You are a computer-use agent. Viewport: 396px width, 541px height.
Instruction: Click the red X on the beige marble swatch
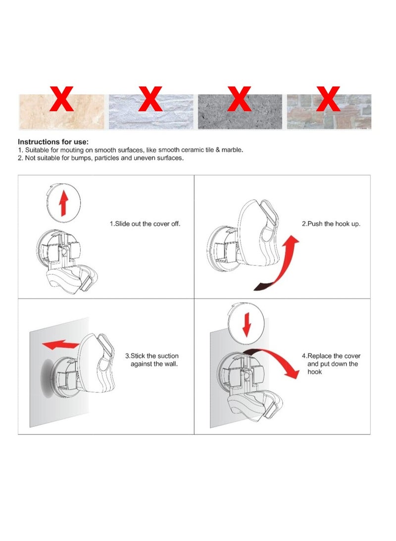pos(62,99)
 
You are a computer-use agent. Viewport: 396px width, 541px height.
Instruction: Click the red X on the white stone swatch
pos(150,99)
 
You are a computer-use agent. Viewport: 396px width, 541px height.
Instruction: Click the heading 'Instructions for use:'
pos(53,142)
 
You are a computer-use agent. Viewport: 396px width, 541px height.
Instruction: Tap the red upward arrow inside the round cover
pos(63,204)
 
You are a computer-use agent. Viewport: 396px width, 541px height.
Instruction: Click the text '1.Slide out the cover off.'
pos(145,224)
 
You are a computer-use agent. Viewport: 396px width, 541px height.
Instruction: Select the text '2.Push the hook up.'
pos(331,224)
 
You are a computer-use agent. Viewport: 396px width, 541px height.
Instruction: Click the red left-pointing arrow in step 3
pos(59,344)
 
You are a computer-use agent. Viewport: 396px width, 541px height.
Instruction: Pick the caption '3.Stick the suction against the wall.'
pos(151,360)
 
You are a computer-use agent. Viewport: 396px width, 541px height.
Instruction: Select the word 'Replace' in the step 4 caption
pos(319,356)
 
